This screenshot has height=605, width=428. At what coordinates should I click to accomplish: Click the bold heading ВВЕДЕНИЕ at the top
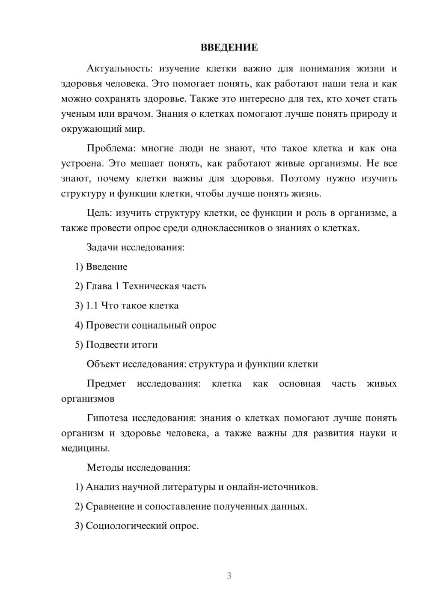[x=229, y=47]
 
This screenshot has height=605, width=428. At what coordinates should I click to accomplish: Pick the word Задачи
[x=103, y=247]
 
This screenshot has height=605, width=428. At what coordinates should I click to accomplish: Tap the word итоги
[x=144, y=344]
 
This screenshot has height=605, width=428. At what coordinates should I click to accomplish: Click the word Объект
[x=103, y=364]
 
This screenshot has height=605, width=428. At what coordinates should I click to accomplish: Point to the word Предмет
[x=106, y=383]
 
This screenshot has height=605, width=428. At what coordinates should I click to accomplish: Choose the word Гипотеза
[x=108, y=418]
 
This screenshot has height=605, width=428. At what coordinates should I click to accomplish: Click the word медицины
[x=85, y=448]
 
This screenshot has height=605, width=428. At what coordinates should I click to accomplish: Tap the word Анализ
[x=102, y=487]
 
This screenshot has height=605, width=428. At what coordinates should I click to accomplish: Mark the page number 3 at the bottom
[x=229, y=576]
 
